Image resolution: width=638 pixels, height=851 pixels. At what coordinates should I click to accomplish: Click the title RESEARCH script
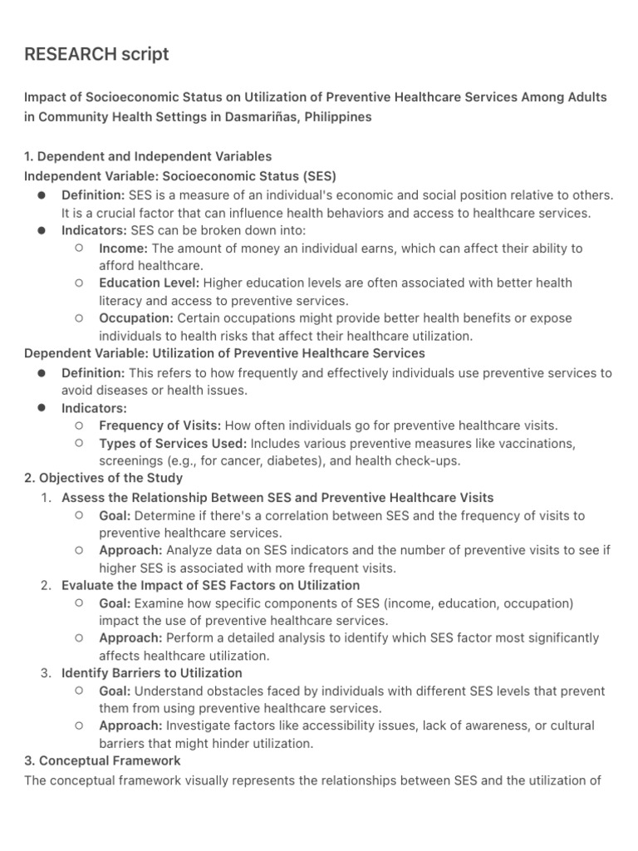96,55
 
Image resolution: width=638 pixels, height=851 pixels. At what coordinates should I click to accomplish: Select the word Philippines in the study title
338,116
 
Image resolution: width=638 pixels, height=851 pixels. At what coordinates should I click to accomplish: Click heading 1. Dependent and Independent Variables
148,156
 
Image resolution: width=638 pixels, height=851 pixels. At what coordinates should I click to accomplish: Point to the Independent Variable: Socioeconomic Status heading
180,175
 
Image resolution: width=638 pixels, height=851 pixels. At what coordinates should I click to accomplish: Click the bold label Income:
123,248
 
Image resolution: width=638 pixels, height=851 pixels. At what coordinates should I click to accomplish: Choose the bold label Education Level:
149,283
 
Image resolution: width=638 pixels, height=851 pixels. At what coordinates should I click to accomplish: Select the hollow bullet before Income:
78,248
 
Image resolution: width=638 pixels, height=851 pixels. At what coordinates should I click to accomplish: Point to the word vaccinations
537,443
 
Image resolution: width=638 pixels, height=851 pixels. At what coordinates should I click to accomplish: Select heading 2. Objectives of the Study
104,478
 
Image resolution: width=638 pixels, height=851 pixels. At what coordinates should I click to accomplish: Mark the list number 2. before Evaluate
47,585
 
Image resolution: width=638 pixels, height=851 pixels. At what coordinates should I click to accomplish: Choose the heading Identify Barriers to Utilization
152,672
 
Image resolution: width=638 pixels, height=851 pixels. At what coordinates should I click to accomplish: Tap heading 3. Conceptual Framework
102,760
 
